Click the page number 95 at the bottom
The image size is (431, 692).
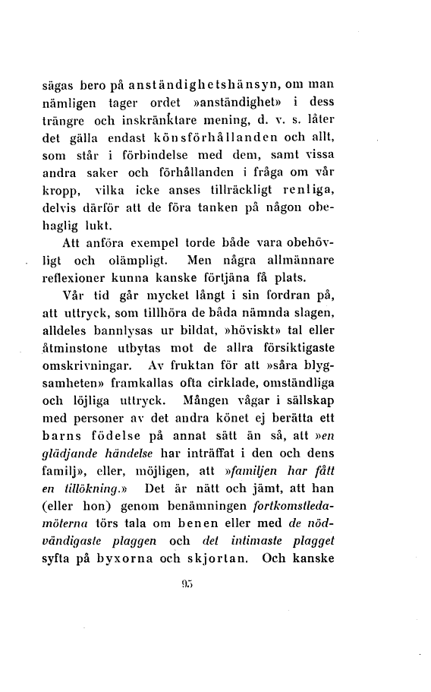(216, 602)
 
